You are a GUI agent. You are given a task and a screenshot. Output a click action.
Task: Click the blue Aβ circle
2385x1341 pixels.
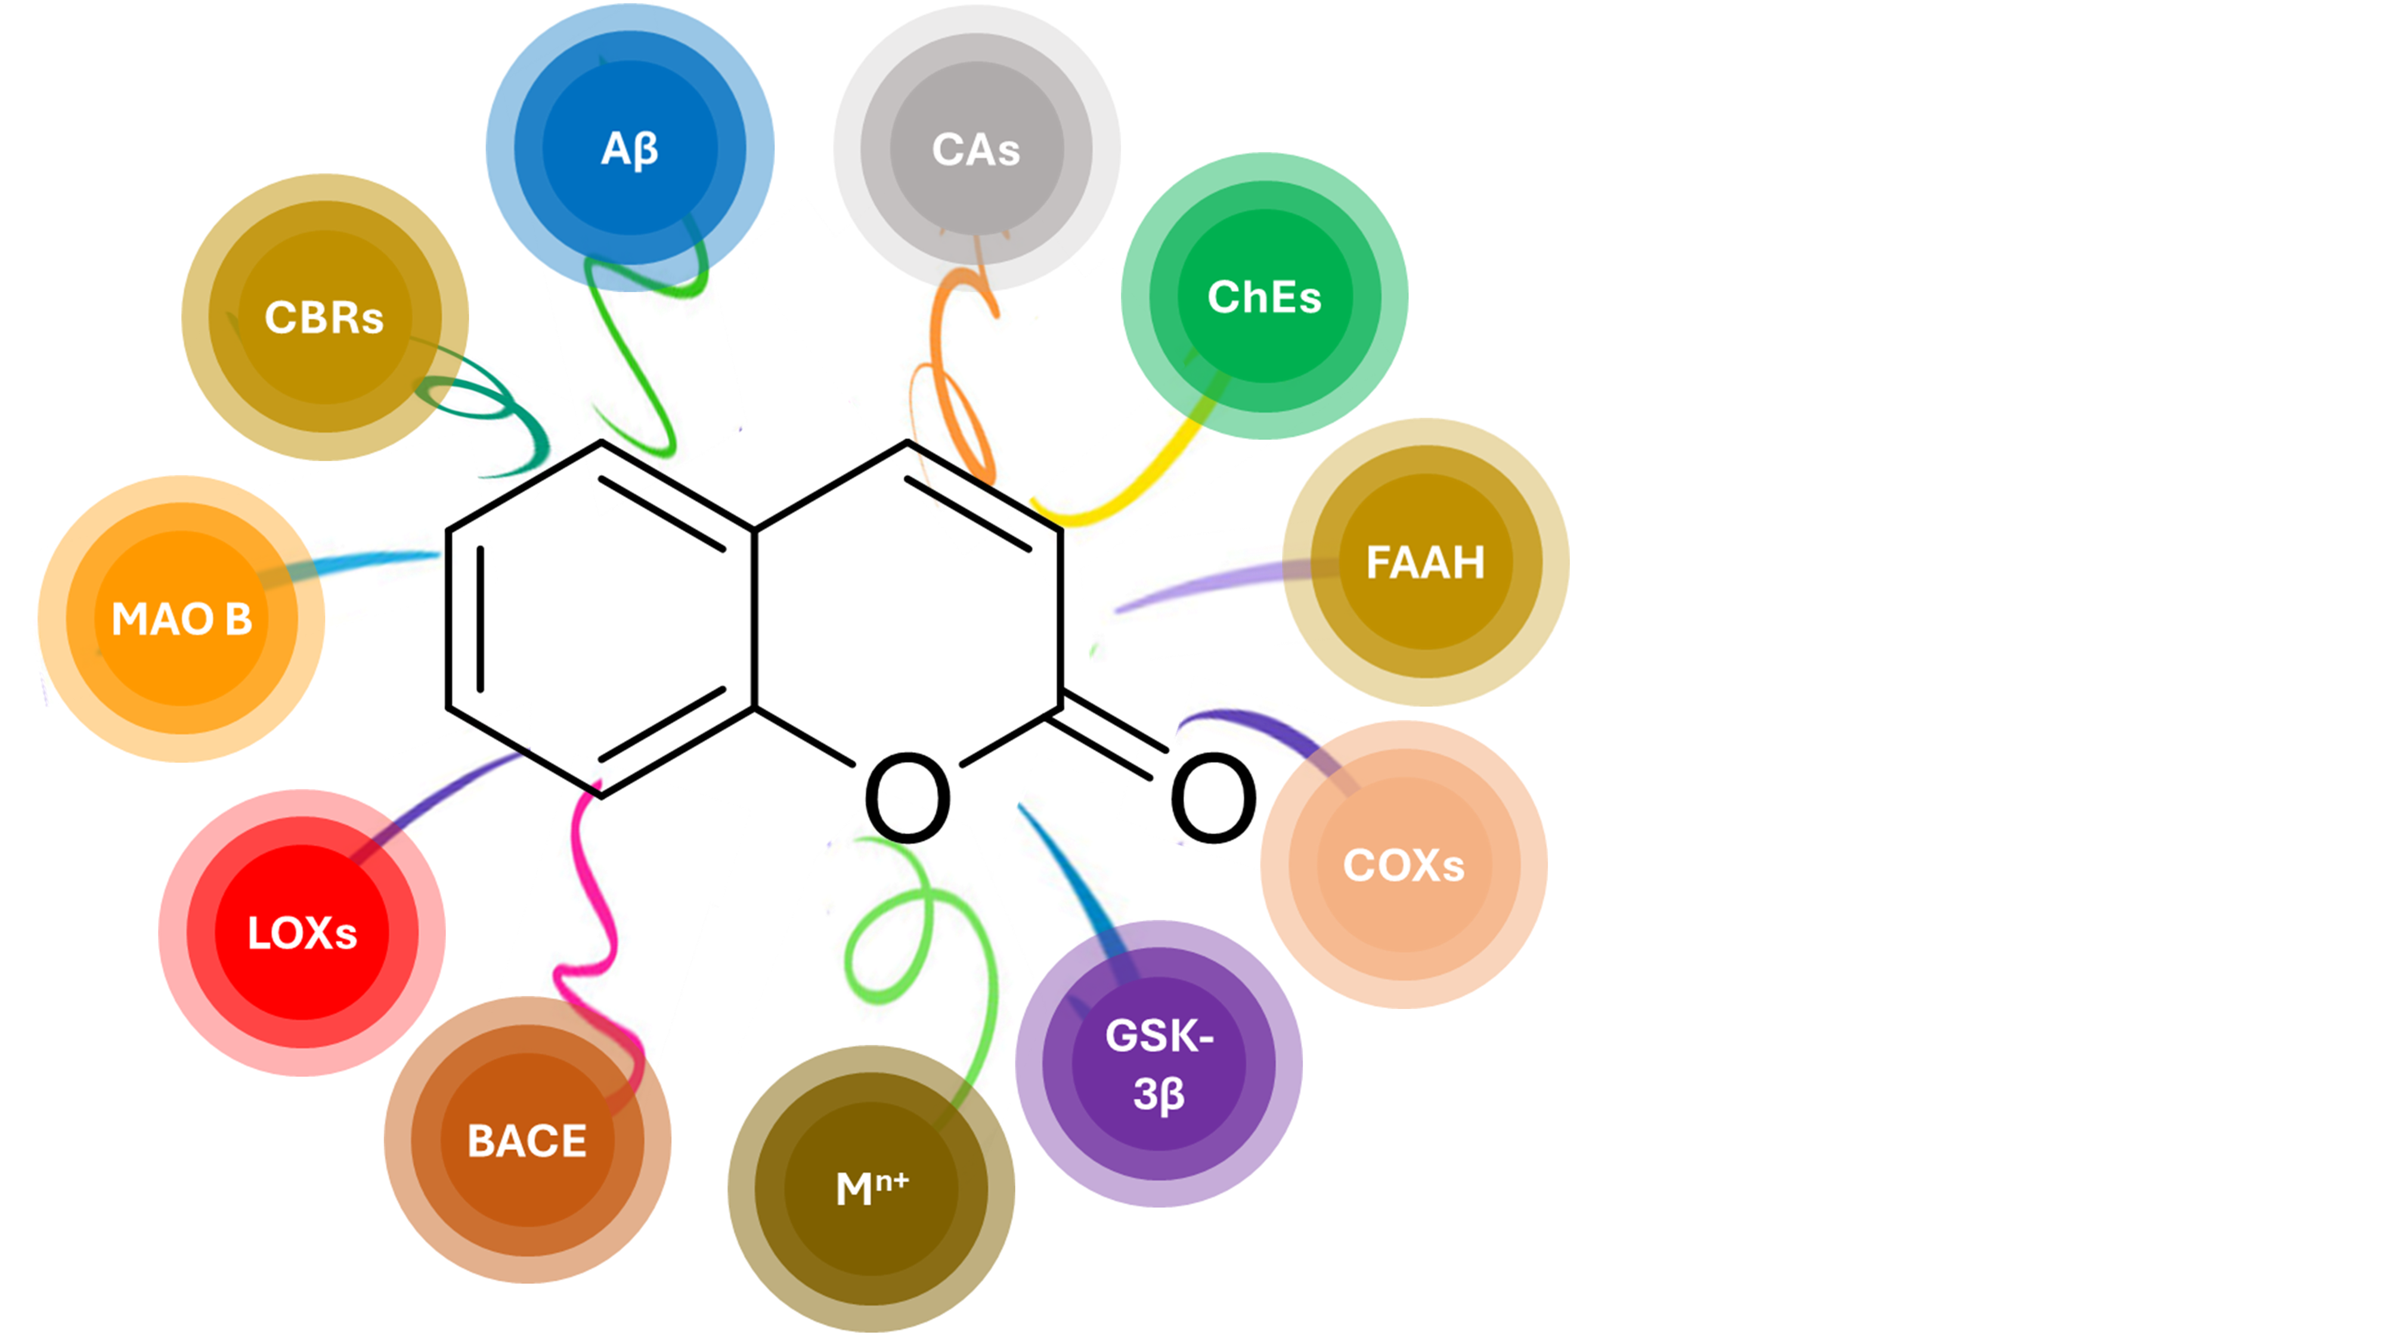pyautogui.click(x=630, y=148)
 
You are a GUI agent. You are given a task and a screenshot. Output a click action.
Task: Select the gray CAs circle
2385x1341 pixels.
pyautogui.click(x=976, y=148)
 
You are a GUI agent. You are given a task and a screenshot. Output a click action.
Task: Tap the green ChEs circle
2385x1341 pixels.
pyautogui.click(x=1264, y=296)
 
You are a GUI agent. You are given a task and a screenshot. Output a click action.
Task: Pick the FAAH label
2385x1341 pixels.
pyautogui.click(x=1425, y=562)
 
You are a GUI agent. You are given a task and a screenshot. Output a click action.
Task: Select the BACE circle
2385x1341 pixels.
pyautogui.click(x=527, y=1140)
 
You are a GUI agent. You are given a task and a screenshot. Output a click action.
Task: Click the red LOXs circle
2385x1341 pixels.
pyautogui.click(x=302, y=932)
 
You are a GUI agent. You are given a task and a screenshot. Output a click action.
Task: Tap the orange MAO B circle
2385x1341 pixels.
pyautogui.click(x=181, y=618)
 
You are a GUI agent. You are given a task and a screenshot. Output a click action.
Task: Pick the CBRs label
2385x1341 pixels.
pyautogui.click(x=324, y=318)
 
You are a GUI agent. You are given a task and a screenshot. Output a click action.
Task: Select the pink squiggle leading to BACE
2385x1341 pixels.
pyautogui.click(x=593, y=926)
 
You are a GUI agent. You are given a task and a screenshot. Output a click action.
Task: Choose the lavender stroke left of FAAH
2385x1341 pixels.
pyautogui.click(x=1204, y=583)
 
